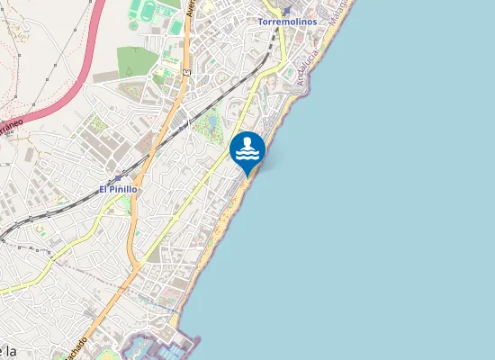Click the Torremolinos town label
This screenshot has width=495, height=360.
[283, 21]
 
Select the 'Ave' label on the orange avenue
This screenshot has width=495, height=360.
[191, 9]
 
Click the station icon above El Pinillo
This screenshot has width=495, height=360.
[118, 178]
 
